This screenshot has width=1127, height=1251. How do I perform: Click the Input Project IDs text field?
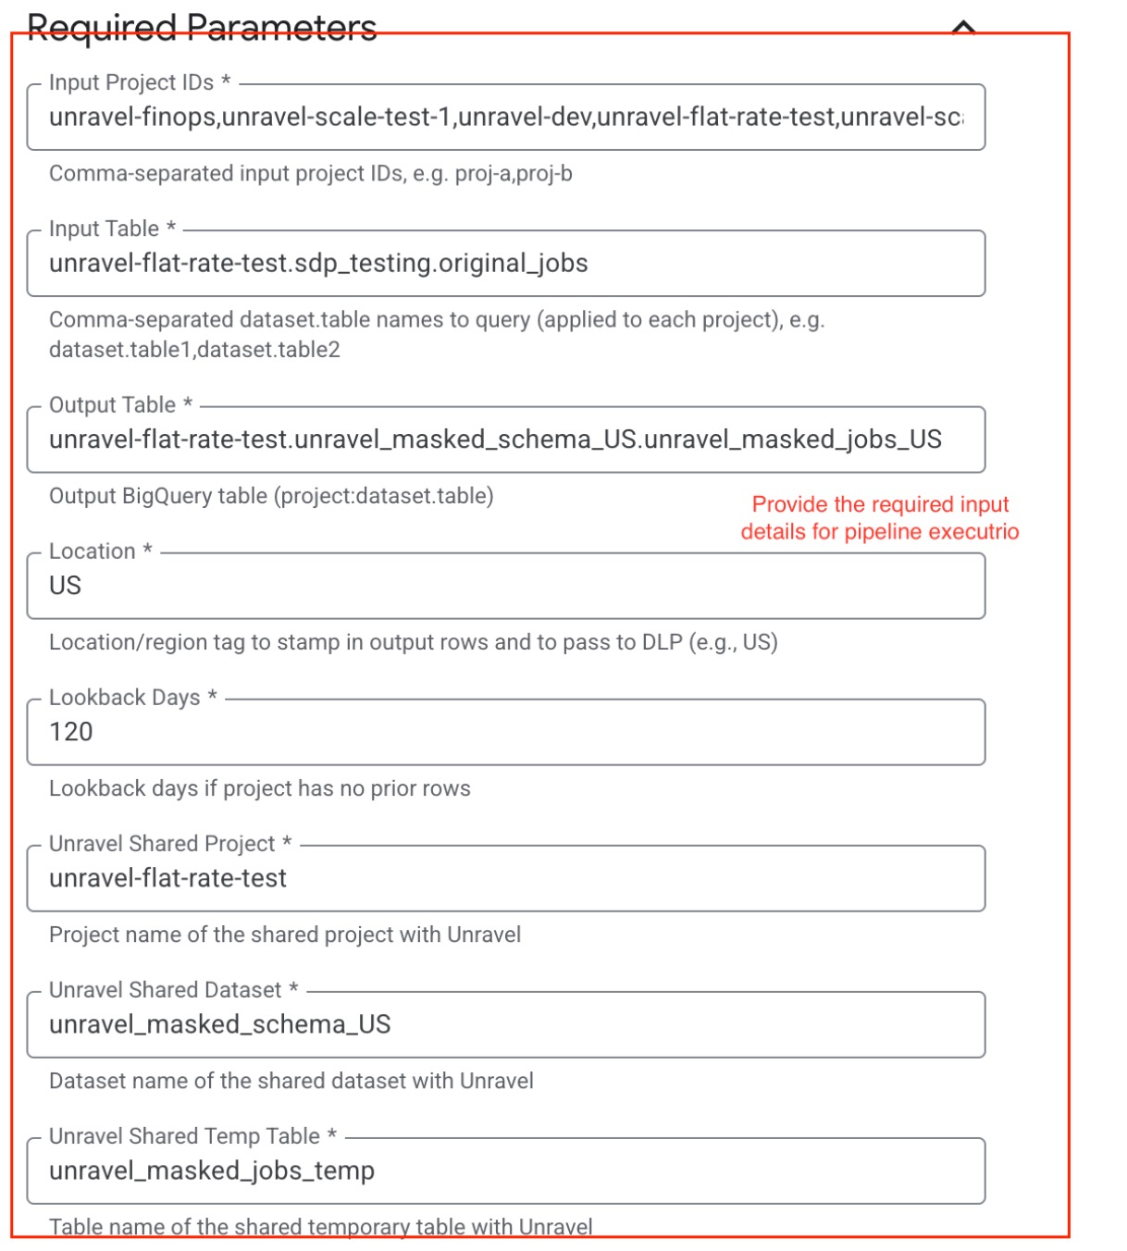point(505,118)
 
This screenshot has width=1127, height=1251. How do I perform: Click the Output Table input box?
point(505,440)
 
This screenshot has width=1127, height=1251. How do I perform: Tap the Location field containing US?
point(505,586)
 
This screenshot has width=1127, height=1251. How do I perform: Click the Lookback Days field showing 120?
point(505,732)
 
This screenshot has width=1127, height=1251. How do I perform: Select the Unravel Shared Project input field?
point(505,878)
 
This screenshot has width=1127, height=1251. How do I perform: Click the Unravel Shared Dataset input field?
point(505,1024)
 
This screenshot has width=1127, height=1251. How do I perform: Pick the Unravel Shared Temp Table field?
point(505,1170)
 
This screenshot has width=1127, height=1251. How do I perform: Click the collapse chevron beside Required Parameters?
point(963,28)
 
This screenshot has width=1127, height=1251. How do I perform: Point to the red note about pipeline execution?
point(880,518)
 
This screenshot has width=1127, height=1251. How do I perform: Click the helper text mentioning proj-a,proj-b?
point(310,174)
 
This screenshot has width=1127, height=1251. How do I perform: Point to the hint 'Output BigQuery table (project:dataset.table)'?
point(271,496)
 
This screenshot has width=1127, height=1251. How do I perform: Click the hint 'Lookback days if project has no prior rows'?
point(259,788)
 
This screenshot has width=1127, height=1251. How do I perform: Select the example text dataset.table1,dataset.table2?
point(194,350)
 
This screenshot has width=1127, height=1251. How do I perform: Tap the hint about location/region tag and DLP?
point(413,642)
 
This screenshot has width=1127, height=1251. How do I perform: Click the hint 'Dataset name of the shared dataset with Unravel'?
point(291,1081)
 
